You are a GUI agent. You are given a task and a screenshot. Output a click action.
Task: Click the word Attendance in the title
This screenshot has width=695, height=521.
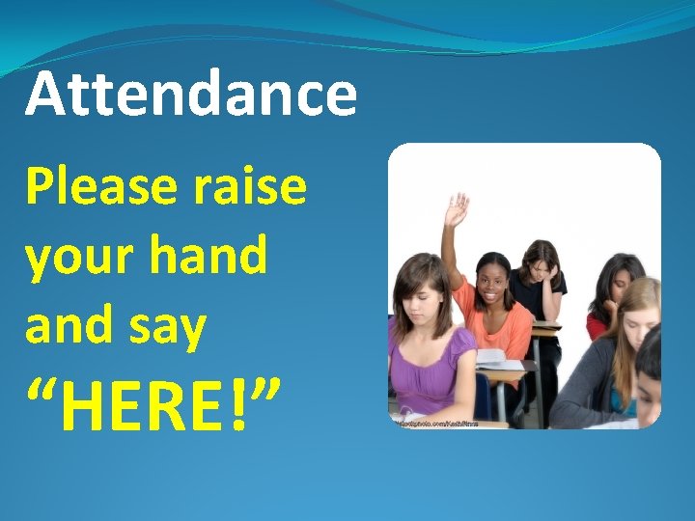coord(191,95)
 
